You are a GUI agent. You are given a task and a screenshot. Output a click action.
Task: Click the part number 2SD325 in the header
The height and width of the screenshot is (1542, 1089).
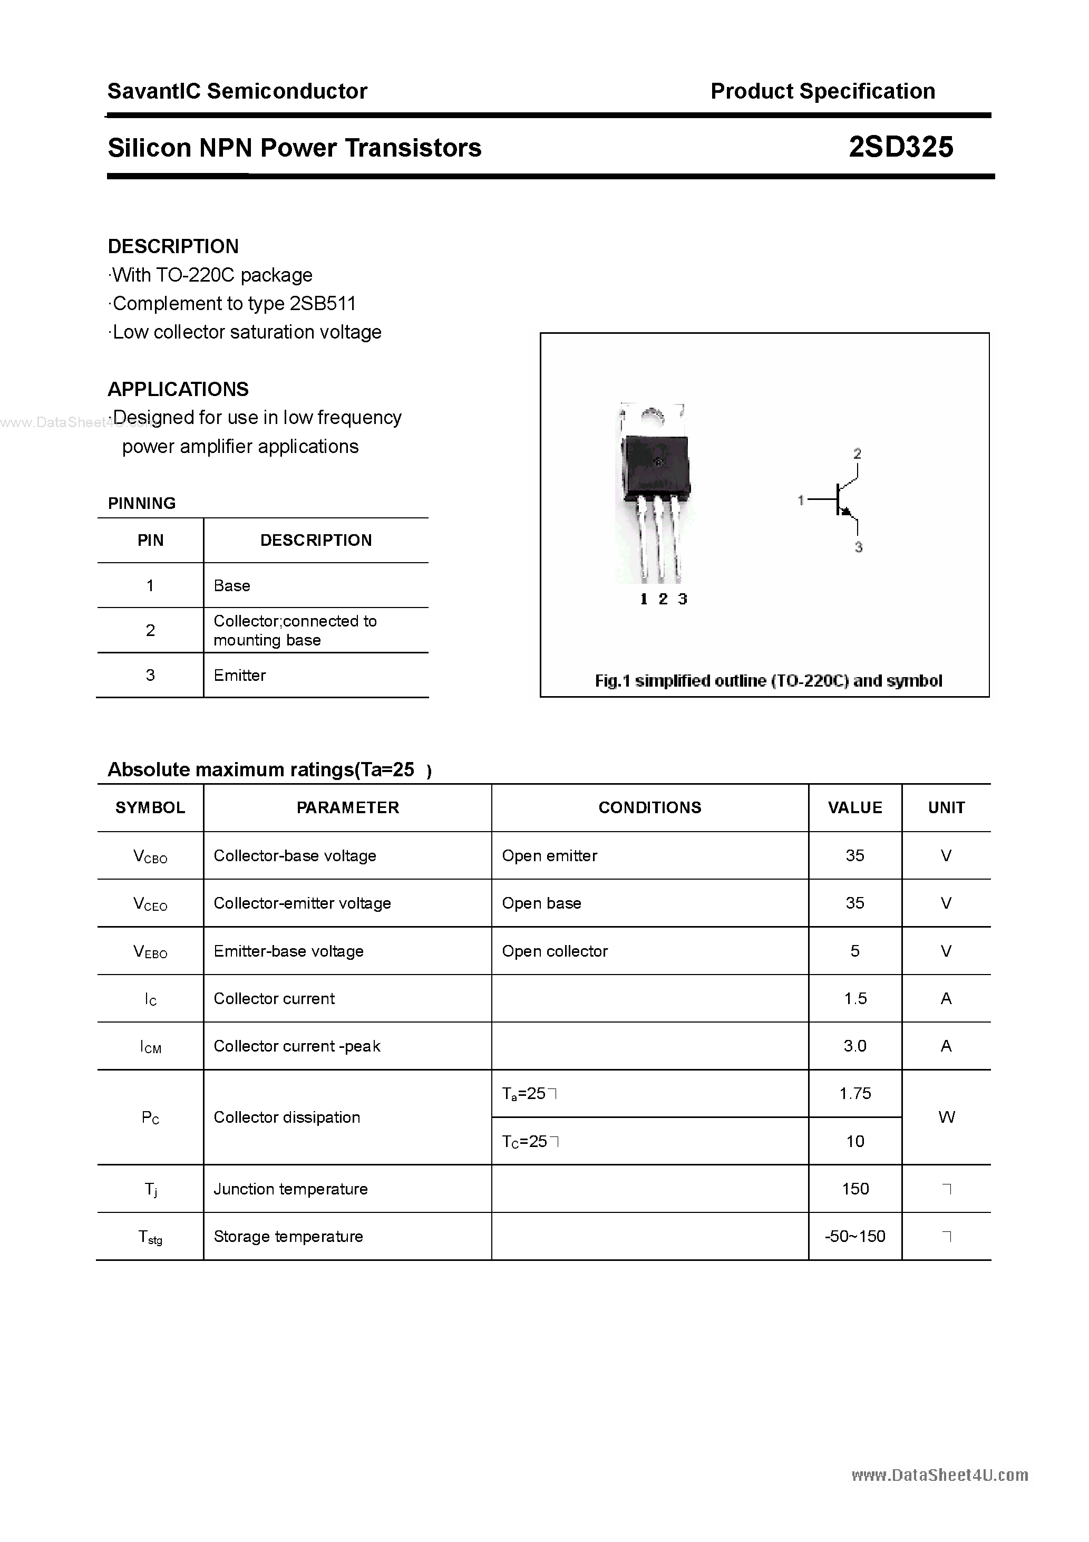point(900,147)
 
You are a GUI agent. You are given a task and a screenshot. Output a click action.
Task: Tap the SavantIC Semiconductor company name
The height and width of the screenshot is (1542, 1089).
point(237,91)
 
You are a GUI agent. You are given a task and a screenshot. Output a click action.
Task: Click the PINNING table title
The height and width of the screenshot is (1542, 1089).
point(142,503)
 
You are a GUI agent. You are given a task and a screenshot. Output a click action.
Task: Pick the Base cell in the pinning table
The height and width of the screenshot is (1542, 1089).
point(231,586)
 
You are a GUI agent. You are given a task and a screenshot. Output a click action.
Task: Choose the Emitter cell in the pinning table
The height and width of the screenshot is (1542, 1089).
point(240,675)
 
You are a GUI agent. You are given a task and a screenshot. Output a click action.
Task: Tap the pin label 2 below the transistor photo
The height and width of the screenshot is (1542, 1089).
point(663,599)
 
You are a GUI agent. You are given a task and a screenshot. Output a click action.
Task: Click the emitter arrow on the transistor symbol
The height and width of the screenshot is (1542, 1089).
point(846,513)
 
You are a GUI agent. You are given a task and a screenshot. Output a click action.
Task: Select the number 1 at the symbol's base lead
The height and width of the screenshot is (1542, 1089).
point(800,499)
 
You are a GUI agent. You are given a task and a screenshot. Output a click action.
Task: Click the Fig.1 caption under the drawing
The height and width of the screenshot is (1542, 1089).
point(768,681)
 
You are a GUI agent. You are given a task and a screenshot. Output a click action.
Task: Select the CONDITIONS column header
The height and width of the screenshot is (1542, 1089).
point(649,807)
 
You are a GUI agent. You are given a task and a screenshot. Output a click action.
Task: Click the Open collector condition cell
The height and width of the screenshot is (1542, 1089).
point(555,951)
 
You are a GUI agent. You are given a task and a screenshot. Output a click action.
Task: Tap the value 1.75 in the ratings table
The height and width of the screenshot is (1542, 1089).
point(854,1093)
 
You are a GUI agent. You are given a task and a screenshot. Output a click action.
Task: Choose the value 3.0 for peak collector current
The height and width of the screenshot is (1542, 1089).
point(854,1046)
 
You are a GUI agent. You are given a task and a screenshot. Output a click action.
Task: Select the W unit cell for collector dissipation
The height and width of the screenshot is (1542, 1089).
point(946,1117)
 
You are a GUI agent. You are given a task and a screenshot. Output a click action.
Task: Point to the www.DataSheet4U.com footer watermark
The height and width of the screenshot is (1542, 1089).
point(939,1476)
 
